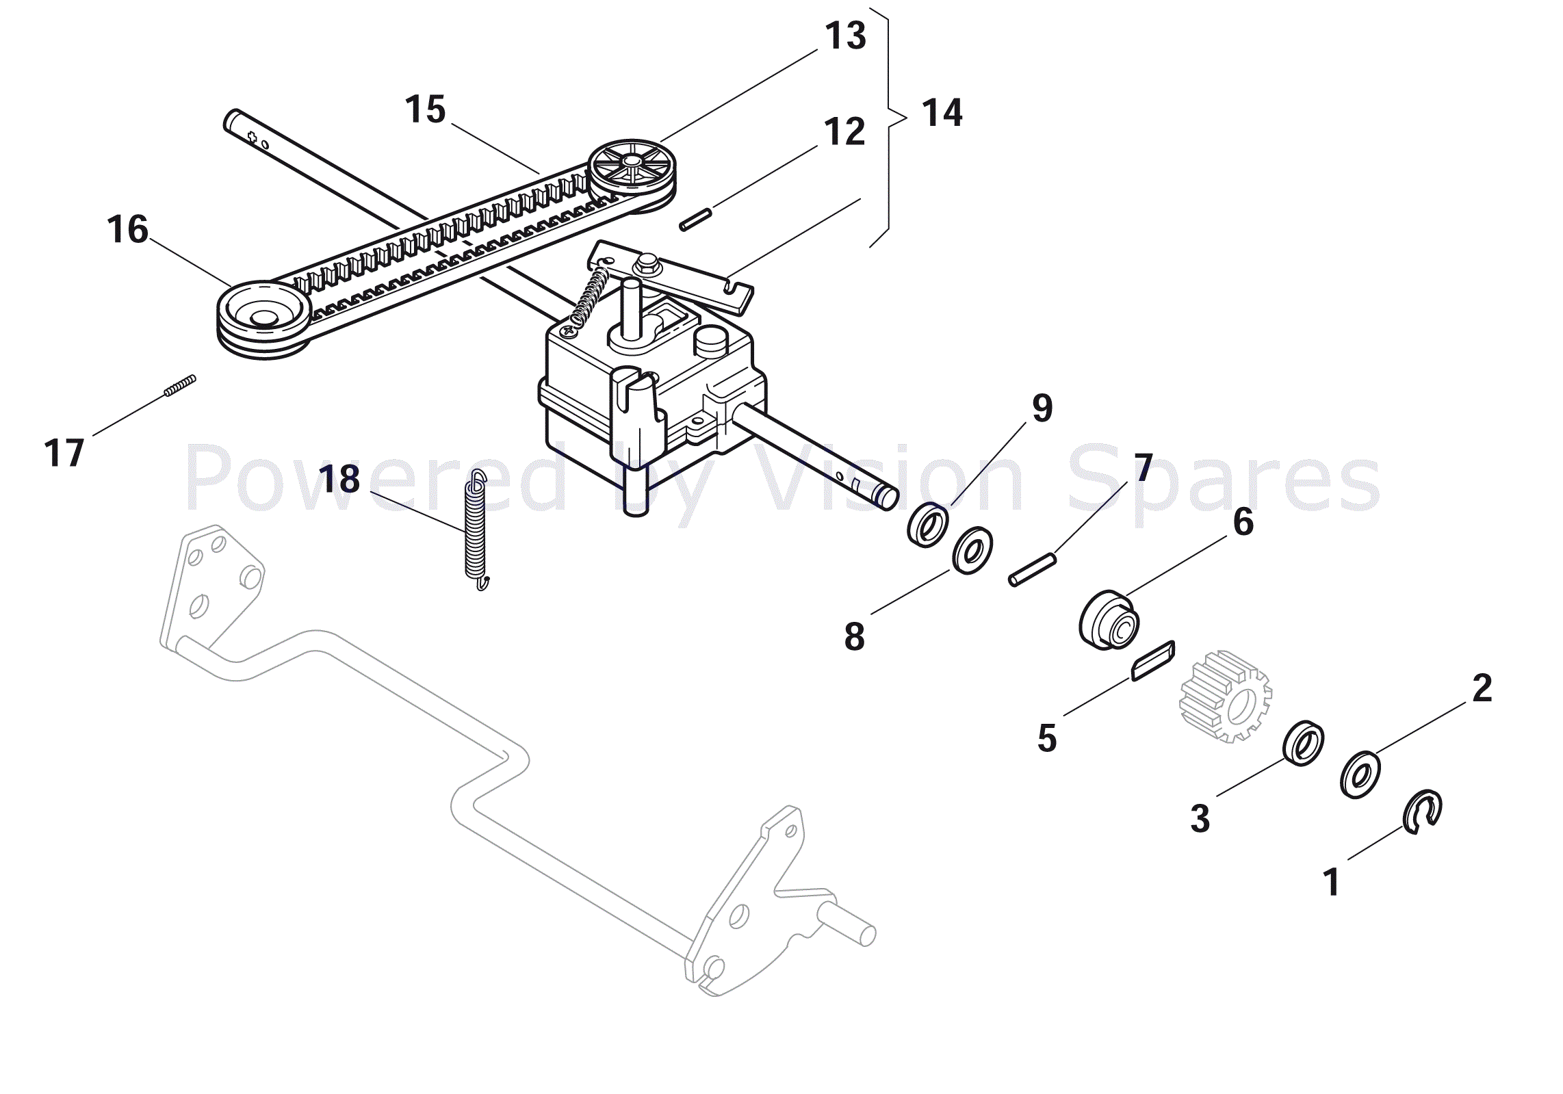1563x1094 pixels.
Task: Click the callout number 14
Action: click(x=942, y=113)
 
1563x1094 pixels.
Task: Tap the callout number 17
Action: click(x=64, y=454)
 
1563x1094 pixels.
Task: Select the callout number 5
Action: click(x=1047, y=739)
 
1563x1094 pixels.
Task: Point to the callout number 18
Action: click(x=339, y=479)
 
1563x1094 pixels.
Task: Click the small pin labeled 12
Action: click(x=695, y=220)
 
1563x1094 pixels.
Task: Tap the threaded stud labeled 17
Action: click(x=180, y=386)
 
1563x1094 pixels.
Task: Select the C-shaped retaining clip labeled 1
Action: click(x=1422, y=812)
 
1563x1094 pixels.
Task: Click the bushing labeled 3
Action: click(x=1303, y=743)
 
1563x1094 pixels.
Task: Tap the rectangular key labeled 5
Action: click(x=1153, y=661)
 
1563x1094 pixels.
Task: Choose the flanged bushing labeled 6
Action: click(x=1109, y=620)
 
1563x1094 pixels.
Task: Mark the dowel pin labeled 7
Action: click(x=1033, y=570)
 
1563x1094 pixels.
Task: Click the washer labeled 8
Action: click(x=972, y=551)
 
